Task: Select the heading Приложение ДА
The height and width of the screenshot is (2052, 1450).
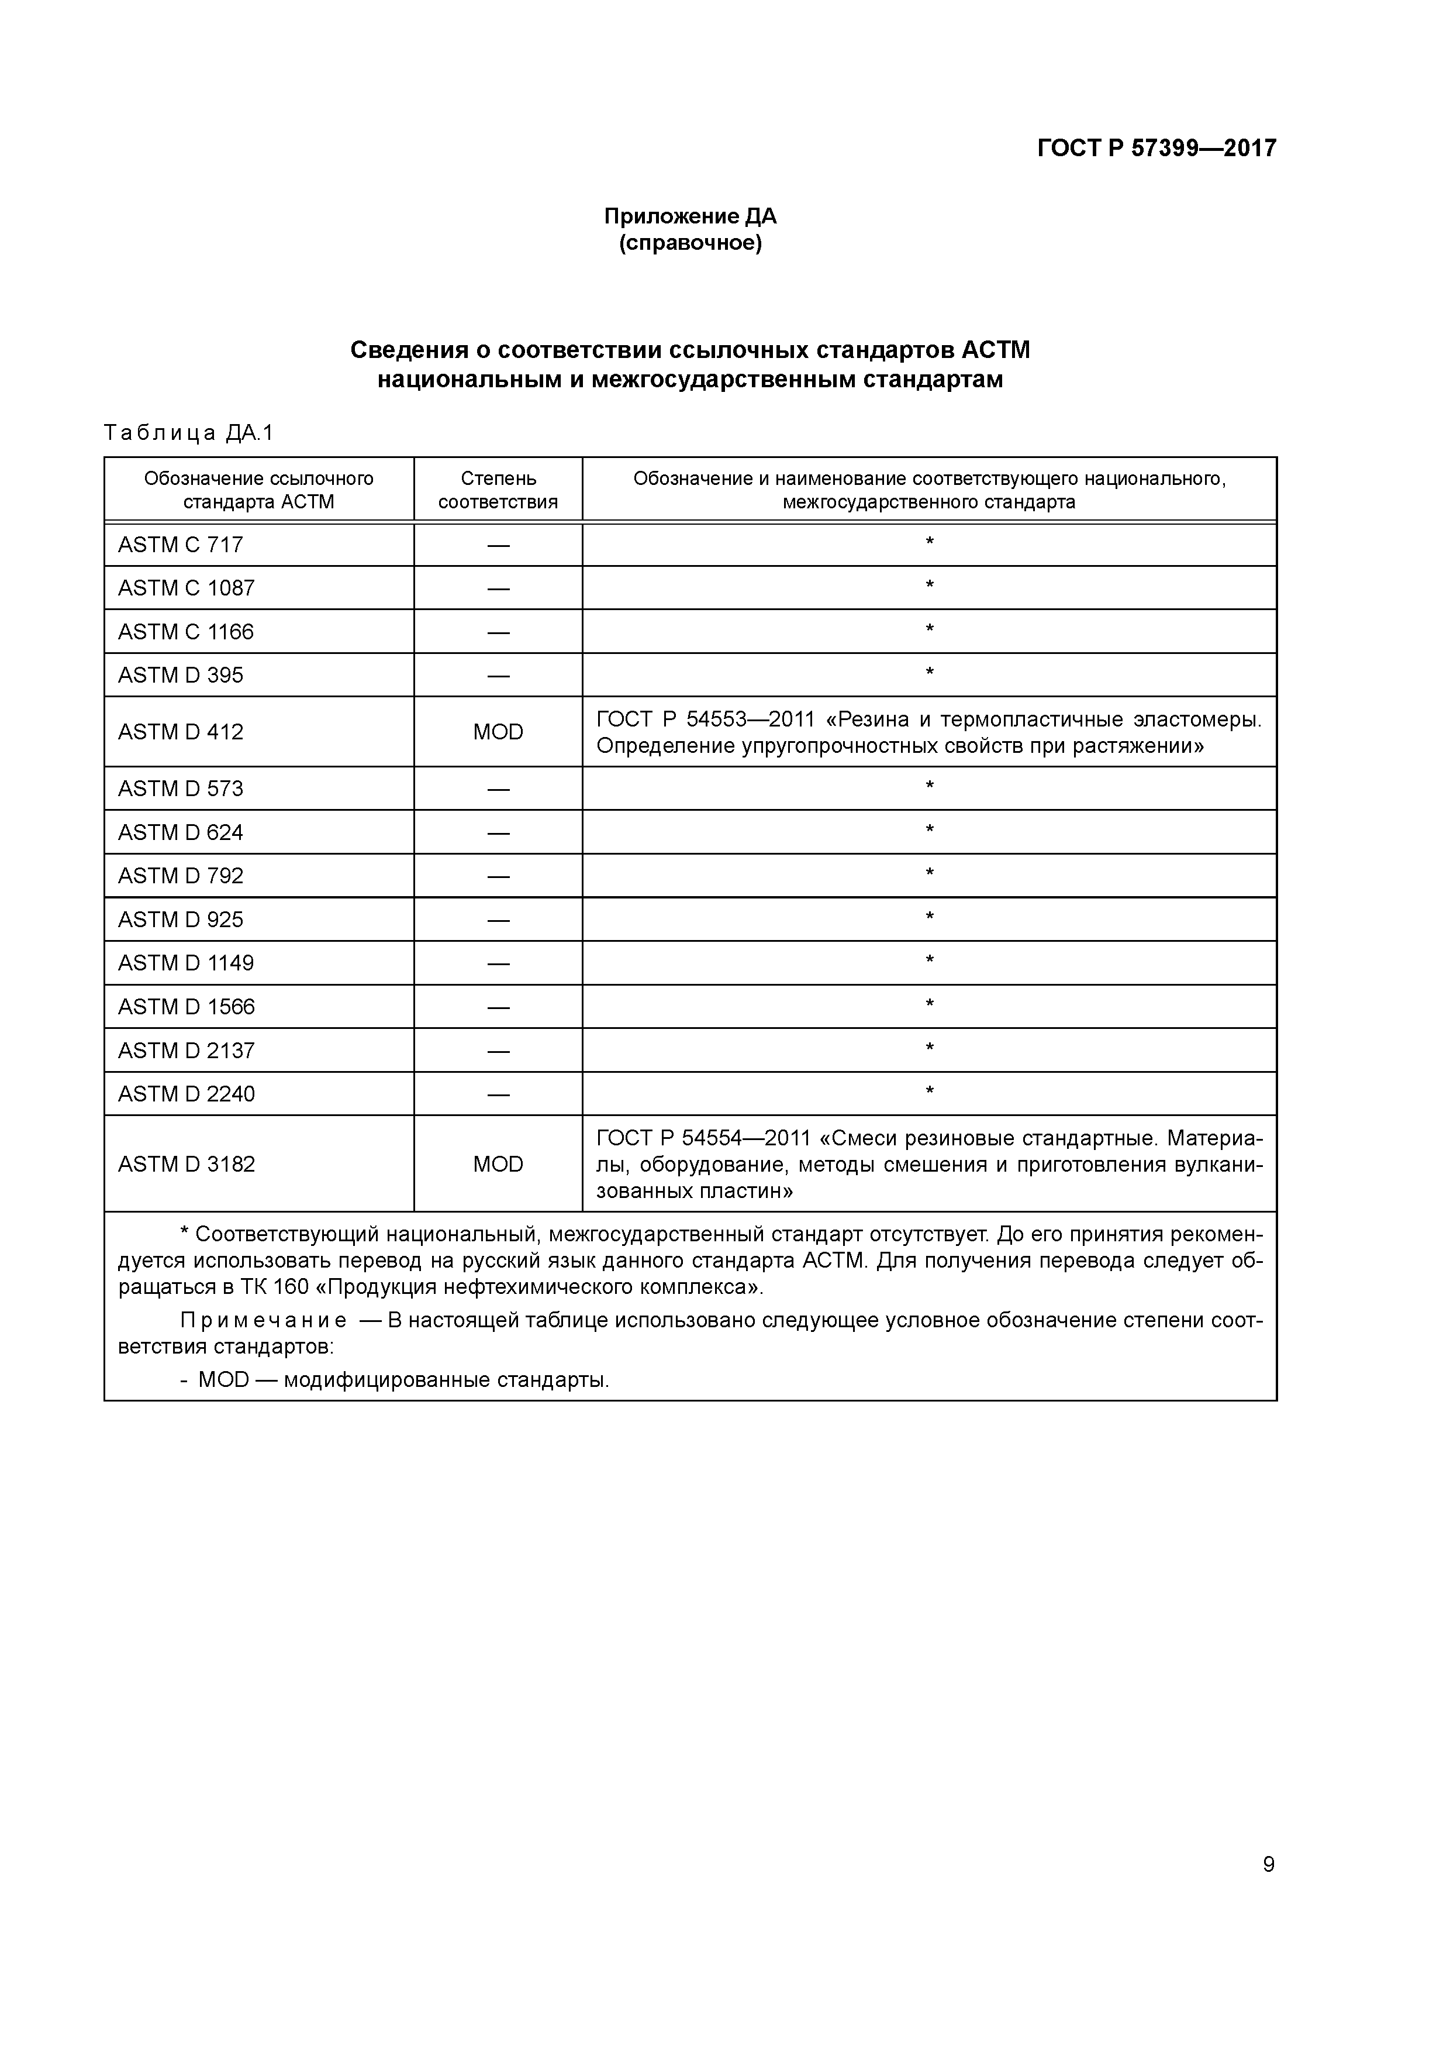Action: (690, 216)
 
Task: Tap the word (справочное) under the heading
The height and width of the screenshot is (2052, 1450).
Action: (690, 243)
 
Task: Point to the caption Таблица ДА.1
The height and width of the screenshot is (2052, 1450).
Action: (188, 433)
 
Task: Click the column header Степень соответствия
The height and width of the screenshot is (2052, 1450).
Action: (498, 490)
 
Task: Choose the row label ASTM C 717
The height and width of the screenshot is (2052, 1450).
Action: (181, 544)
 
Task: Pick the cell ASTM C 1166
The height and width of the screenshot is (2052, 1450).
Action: (186, 632)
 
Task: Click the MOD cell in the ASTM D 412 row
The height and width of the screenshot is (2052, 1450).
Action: (498, 732)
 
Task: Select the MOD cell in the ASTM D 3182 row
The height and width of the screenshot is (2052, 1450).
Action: (498, 1163)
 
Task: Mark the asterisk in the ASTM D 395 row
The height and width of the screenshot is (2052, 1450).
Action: (929, 673)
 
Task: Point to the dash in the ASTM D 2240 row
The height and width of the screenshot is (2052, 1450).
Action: (498, 1094)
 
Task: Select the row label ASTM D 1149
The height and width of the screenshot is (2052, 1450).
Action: (186, 963)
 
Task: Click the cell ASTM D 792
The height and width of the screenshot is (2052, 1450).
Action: (181, 876)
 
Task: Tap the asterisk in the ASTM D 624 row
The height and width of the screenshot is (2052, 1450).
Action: (929, 830)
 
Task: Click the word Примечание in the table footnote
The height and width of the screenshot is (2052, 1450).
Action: (263, 1321)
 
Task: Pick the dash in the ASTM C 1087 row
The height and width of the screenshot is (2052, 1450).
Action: (498, 588)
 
